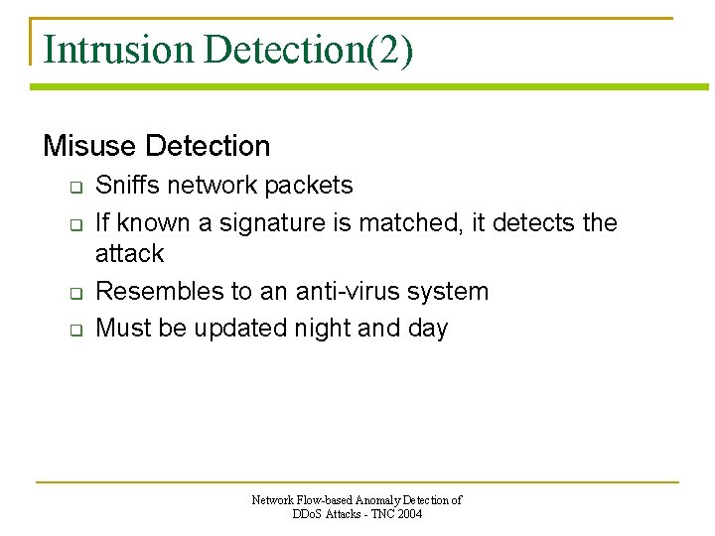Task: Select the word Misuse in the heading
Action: [89, 147]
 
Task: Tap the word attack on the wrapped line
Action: [129, 254]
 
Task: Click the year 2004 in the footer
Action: [408, 514]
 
